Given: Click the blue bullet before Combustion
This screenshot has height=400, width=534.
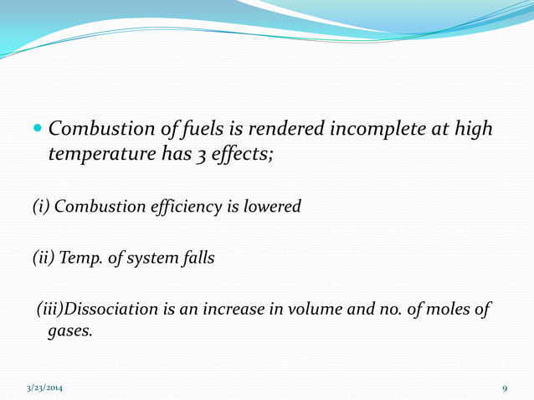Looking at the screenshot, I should (x=39, y=131).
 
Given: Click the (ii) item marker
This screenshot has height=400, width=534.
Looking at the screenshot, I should (x=43, y=258).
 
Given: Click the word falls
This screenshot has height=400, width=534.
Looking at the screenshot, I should (x=196, y=258).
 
